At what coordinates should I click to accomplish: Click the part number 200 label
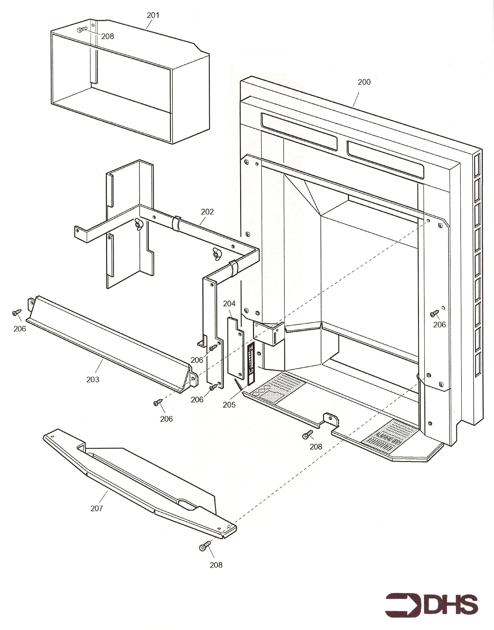(364, 82)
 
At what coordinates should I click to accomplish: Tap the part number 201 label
(153, 15)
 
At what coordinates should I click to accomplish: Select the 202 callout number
(207, 212)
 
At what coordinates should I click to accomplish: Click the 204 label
(229, 304)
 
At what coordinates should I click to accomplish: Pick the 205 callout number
(229, 405)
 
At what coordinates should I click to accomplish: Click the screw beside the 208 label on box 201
(82, 30)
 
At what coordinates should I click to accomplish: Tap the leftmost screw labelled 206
(17, 312)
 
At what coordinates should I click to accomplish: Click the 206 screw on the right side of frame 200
(435, 313)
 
